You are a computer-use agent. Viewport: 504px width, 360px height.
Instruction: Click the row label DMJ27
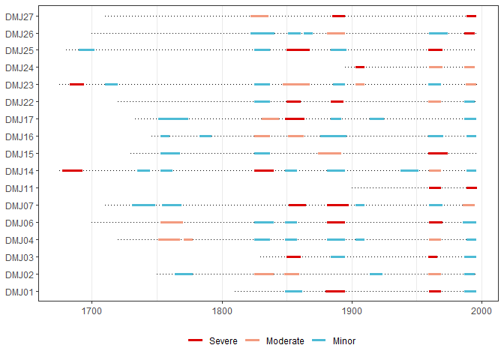click(18, 16)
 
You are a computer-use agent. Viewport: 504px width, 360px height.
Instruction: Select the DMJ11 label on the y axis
click(18, 188)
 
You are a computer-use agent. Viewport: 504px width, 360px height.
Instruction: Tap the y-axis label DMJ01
click(18, 292)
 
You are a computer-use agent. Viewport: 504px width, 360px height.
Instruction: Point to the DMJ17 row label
click(18, 119)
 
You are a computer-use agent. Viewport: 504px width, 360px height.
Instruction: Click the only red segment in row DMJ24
click(360, 67)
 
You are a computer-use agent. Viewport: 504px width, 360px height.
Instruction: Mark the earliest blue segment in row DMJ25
click(86, 50)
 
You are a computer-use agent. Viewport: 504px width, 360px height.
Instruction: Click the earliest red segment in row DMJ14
click(72, 171)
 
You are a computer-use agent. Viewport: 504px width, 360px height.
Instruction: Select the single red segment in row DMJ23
click(76, 85)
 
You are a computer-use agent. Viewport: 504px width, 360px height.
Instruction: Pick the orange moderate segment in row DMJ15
click(329, 154)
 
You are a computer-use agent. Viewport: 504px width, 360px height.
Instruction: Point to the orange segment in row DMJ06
click(171, 223)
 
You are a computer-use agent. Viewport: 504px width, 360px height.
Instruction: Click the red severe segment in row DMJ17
click(295, 119)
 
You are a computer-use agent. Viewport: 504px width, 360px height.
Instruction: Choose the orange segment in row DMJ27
click(259, 16)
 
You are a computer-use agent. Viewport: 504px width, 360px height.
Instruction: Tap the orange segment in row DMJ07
click(469, 205)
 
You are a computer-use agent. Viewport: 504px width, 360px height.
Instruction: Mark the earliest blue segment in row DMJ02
click(184, 274)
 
